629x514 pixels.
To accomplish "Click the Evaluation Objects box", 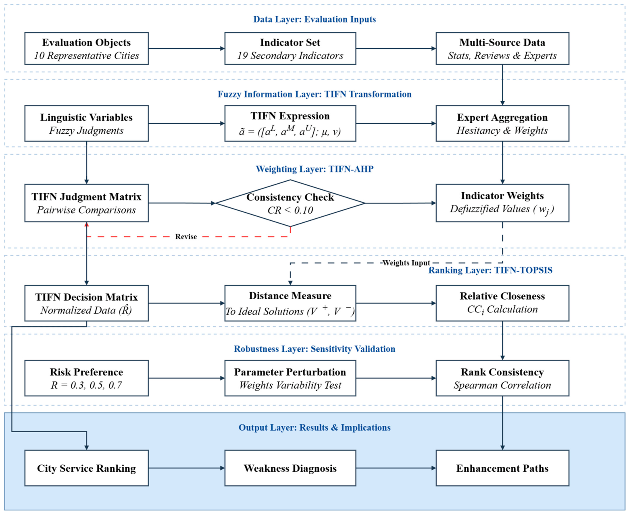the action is (x=87, y=49).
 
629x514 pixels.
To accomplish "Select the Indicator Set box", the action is (x=290, y=49).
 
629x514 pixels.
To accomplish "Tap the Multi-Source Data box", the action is (x=502, y=49).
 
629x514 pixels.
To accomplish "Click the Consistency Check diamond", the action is (x=290, y=203).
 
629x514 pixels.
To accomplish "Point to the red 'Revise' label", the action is (x=186, y=236).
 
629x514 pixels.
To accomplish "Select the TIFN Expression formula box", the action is (x=290, y=123).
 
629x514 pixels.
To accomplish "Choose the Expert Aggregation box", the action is (x=502, y=123).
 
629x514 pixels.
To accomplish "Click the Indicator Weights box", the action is (x=502, y=203).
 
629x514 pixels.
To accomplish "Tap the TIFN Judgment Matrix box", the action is (x=87, y=203).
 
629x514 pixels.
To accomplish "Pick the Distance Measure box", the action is (x=290, y=303).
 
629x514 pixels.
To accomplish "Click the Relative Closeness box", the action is (x=502, y=303).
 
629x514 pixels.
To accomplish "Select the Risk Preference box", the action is (x=87, y=378).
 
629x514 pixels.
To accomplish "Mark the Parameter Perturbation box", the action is (x=290, y=378).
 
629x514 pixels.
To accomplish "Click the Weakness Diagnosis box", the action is (x=290, y=468).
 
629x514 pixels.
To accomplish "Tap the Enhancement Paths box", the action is (x=502, y=468).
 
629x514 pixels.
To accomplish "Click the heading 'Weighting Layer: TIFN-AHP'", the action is (x=314, y=169).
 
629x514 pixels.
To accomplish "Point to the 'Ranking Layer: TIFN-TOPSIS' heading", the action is (x=490, y=270).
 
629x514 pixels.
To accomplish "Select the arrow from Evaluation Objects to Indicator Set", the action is (x=187, y=49).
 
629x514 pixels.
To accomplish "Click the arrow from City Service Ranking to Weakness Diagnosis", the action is (x=187, y=468).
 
